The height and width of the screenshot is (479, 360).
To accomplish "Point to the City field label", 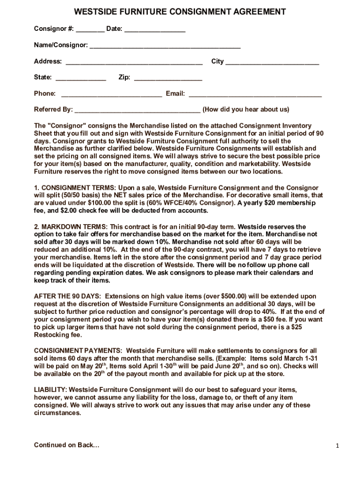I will tap(217, 61).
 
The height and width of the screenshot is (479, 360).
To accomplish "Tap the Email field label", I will tap(175, 94).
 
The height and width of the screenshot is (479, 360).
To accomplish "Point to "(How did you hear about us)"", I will tap(246, 109).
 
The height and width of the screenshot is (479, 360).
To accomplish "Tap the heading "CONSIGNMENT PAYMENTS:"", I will tap(78, 350).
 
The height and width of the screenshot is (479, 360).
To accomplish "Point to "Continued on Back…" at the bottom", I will tap(66, 445).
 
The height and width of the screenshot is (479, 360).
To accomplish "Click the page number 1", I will tap(337, 446).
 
